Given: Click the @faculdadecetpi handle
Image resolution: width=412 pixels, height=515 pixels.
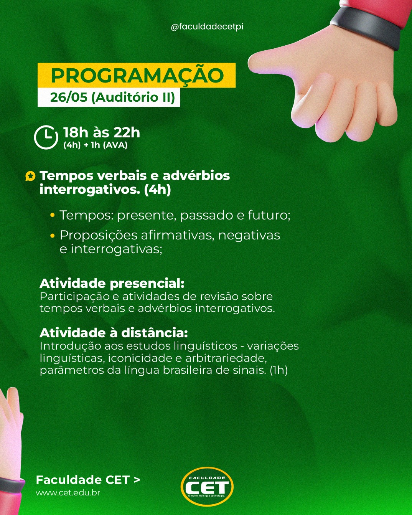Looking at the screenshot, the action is click(x=207, y=27).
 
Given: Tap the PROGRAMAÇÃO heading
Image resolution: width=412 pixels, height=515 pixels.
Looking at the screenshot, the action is click(x=137, y=76).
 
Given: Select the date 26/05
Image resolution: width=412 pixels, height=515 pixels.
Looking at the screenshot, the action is click(x=69, y=97).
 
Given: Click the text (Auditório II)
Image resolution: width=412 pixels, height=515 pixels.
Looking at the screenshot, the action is click(x=133, y=97).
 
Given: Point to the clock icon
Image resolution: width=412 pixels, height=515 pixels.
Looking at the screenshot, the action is click(x=46, y=137).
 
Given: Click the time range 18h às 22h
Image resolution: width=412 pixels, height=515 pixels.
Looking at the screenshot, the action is click(x=102, y=132).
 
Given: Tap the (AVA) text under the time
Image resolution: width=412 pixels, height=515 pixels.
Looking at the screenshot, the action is click(x=115, y=145).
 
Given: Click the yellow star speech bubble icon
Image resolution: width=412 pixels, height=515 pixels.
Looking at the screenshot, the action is click(x=30, y=176).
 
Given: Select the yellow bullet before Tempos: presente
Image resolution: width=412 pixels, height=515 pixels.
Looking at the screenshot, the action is click(x=53, y=215).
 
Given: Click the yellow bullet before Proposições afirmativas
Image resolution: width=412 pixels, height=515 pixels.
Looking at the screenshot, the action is click(x=53, y=236).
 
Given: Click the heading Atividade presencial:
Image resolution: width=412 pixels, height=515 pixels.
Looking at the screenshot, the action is click(x=112, y=284).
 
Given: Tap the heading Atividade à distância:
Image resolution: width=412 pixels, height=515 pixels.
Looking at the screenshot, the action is click(x=114, y=333).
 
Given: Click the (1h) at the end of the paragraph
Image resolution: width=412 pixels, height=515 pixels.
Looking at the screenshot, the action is click(x=279, y=370).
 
